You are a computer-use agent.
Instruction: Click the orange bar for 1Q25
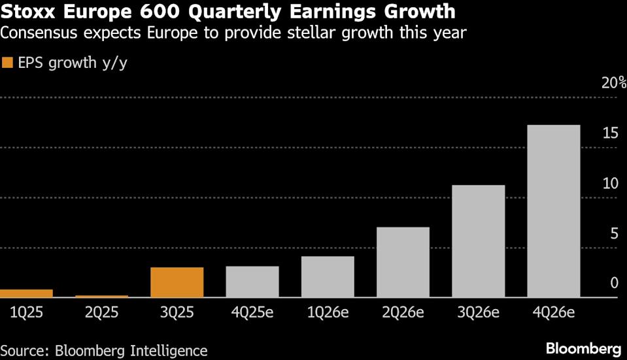pos(26,293)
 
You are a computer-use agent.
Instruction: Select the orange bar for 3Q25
pos(177,282)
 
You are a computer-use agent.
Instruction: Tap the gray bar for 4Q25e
pos(252,282)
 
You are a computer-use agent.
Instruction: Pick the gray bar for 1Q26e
pos(328,277)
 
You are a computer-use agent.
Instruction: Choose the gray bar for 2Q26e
pos(403,262)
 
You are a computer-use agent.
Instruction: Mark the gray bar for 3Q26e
pos(478,241)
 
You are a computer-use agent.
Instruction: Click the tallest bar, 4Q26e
pos(553,211)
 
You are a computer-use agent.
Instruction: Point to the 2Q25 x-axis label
pos(101,312)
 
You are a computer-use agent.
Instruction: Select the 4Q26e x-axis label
pos(553,312)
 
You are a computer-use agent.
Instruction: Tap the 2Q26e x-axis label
pos(403,312)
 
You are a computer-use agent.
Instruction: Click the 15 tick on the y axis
pos(610,133)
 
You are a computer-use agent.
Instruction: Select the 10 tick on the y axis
pos(610,184)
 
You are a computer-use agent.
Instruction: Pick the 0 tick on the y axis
pos(614,284)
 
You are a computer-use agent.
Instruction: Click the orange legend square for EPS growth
pos(8,63)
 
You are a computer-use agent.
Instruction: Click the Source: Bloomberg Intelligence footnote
pos(104,350)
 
